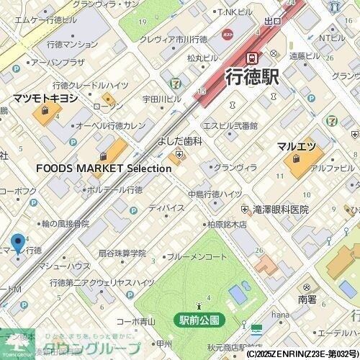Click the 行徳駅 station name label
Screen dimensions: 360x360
tap(252, 78)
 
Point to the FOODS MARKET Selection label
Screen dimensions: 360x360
tap(104, 168)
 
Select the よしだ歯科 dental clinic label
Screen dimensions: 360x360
tap(177, 143)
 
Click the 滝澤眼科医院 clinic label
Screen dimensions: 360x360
tap(280, 210)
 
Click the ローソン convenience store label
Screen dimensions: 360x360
tap(108, 107)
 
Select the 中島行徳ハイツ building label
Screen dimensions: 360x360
tap(215, 194)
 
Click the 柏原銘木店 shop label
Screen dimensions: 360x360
tap(226, 225)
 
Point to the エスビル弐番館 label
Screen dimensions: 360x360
tap(230, 125)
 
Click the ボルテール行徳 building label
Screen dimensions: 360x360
tap(113, 190)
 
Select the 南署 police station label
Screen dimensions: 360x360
tap(307, 298)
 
